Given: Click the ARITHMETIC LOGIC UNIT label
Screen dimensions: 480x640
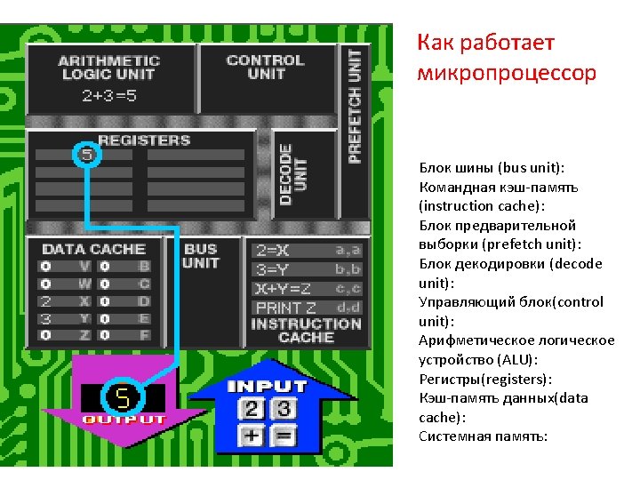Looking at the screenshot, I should [108, 68].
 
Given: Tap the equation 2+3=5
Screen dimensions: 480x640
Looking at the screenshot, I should [108, 95].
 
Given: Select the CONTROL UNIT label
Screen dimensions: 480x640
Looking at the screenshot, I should [265, 67].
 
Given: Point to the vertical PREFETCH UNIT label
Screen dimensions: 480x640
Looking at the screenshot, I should [355, 105].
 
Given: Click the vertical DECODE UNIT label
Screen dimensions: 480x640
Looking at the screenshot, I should [292, 174].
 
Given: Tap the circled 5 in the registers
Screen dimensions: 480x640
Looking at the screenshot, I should [86, 155].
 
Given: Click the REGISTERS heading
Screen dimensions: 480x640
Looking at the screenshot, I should [144, 140].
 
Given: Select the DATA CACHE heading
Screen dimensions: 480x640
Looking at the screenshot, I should [93, 249].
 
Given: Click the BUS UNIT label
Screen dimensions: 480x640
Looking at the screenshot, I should [200, 256].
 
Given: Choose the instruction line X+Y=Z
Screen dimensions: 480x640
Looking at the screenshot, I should [282, 288].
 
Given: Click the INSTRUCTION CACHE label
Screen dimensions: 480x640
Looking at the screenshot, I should [306, 331].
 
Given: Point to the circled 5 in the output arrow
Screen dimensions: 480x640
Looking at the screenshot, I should [118, 396].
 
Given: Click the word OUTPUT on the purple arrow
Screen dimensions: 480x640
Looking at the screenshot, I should [124, 419].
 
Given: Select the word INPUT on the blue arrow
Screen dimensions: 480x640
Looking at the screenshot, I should [267, 386].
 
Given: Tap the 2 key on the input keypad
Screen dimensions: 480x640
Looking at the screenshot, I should [252, 409].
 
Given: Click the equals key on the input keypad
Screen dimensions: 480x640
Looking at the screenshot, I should [284, 436].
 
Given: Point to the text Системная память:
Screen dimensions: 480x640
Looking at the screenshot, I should [484, 436].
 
